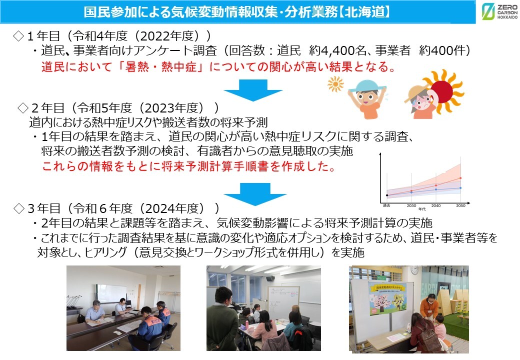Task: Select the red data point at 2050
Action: tap(460, 178)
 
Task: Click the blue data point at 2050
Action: tap(460, 188)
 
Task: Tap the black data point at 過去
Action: tap(387, 195)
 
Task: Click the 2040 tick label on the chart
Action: tap(435, 205)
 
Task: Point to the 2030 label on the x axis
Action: tap(411, 205)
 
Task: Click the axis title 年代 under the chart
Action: tap(423, 209)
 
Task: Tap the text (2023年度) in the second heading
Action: tap(183, 108)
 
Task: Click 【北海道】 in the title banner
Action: tap(366, 11)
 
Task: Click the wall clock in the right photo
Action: tap(414, 270)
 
